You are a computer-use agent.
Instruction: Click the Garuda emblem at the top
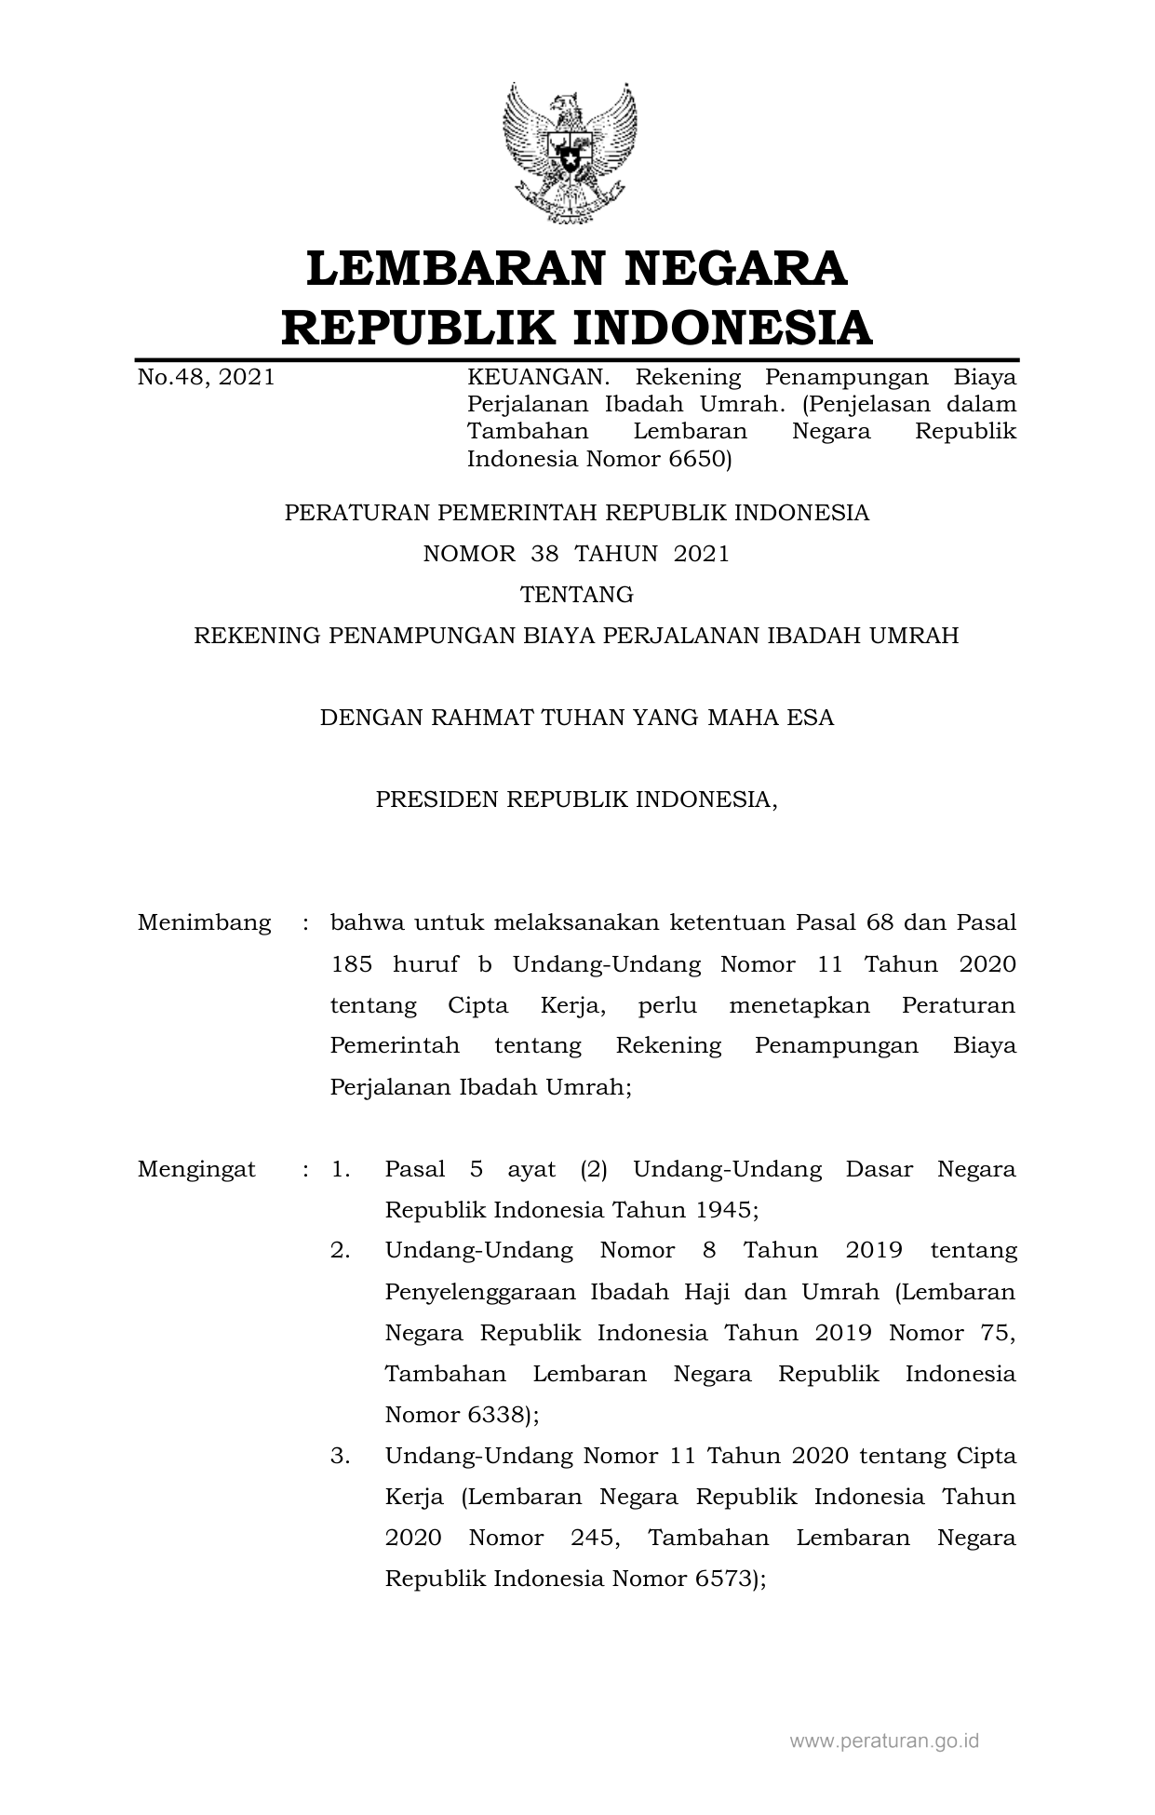pos(570,153)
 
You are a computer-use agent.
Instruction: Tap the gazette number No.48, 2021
pos(206,377)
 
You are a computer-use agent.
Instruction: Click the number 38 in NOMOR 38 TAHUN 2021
pos(544,554)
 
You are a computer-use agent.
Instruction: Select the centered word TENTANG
pos(577,594)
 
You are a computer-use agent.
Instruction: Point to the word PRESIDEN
pos(436,800)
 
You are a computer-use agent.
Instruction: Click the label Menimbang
pos(205,923)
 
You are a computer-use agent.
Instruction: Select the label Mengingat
pos(196,1169)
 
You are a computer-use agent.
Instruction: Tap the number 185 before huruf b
pos(351,964)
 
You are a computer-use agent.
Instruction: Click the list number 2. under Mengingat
pos(340,1250)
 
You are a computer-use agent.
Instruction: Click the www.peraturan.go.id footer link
pos(884,1741)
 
